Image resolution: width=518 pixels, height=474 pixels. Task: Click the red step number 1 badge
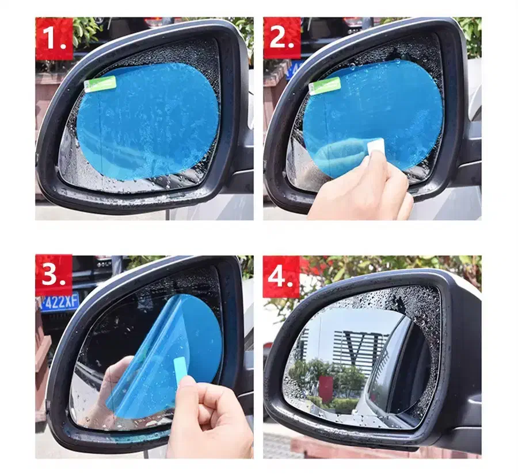[54, 38]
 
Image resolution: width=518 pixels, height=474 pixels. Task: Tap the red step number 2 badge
[282, 38]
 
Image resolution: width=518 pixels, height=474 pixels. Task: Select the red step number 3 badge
[54, 275]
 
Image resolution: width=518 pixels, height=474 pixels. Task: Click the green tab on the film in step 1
[100, 84]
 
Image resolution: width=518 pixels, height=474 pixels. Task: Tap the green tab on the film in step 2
[325, 86]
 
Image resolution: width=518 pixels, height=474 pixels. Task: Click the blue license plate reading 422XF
[58, 302]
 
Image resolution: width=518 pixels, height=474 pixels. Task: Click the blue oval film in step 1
[148, 122]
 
